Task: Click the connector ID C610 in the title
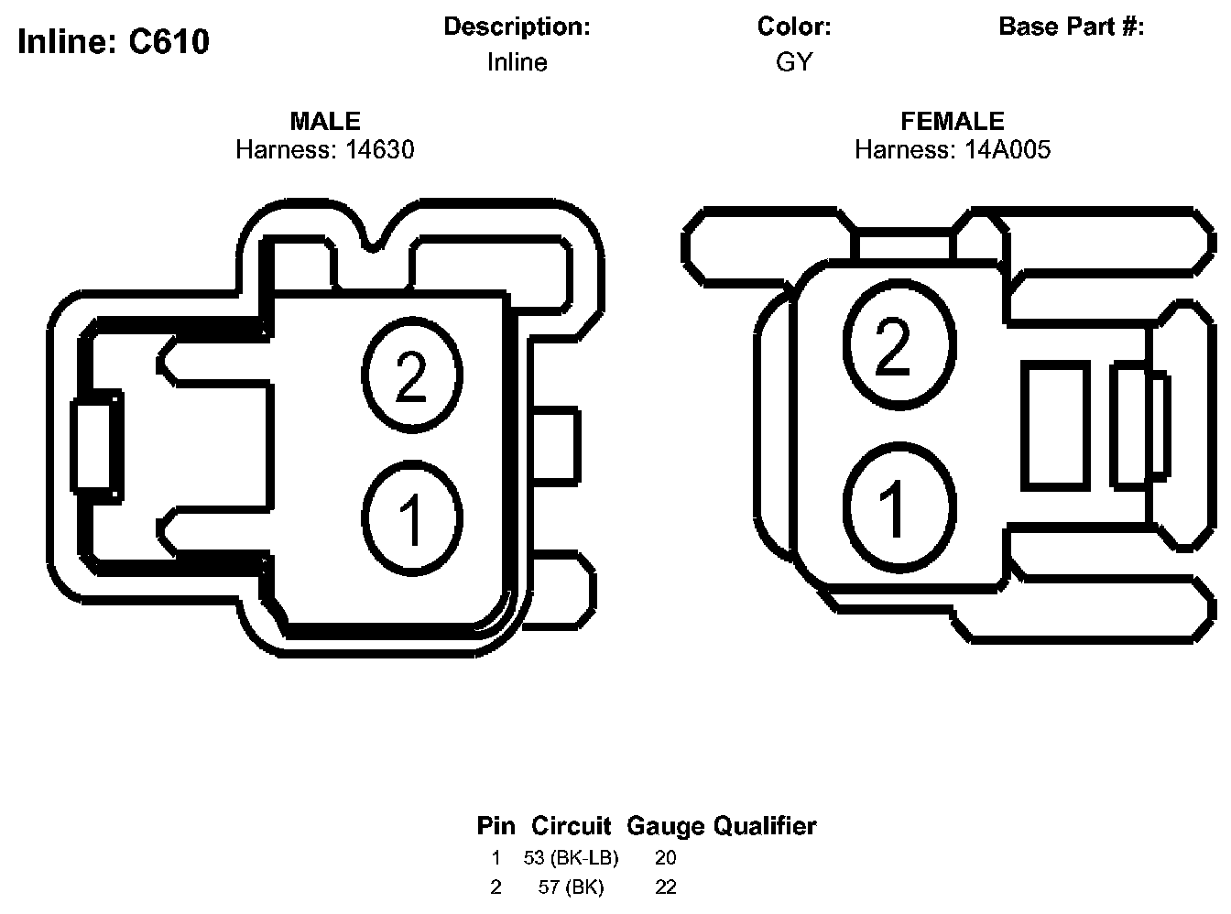[169, 41]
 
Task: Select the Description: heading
[517, 27]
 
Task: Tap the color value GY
[794, 61]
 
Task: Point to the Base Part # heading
[1071, 27]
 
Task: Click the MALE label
[325, 121]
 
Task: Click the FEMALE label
[953, 121]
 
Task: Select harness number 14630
[379, 150]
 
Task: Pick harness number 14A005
[1008, 150]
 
